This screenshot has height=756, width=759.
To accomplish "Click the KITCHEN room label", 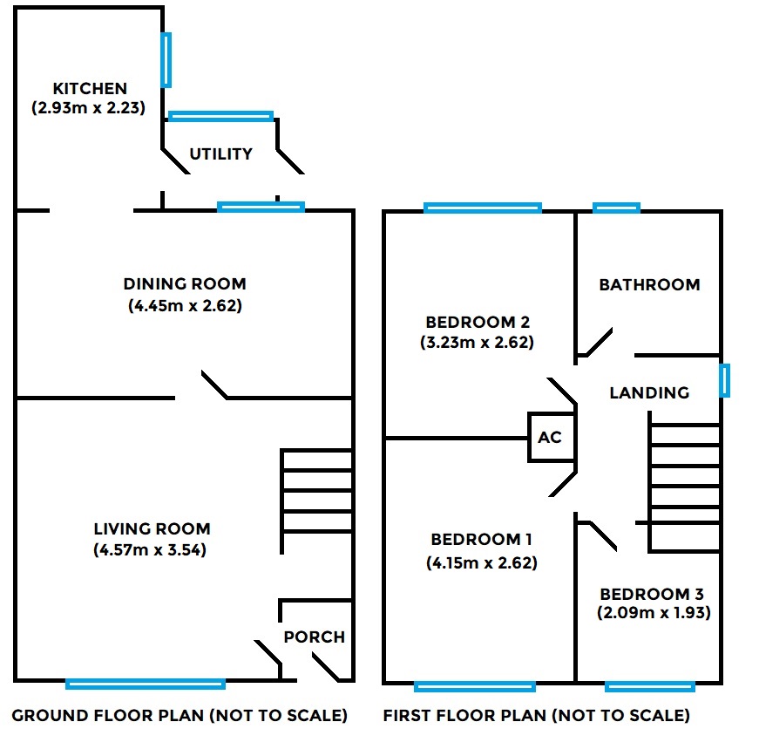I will coord(90,89).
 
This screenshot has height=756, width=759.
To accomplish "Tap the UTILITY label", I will coord(221,154).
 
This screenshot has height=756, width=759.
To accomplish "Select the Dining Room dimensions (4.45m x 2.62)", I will coord(184,306).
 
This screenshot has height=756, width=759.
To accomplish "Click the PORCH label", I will coord(315,637).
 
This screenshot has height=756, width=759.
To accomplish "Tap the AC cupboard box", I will coord(550,437).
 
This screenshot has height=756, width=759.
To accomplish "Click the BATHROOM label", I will coord(649,285).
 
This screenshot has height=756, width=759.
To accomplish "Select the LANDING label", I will coord(649,393).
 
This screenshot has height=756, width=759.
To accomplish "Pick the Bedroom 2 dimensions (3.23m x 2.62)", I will coord(477,343).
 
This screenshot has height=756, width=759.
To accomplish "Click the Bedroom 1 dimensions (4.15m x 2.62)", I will coord(482,563).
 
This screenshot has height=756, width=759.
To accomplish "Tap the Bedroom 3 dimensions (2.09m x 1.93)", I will coord(654,613).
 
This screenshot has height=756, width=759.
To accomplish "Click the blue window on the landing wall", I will coord(724,381).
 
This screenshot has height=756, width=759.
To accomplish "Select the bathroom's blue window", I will coord(616,208).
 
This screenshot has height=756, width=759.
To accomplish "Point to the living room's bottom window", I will coord(146,684).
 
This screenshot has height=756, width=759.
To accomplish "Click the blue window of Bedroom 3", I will coord(650,686).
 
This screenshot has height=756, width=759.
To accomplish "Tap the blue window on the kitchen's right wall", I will coord(166,60).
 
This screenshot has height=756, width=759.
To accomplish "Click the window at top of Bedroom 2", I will coord(483,208).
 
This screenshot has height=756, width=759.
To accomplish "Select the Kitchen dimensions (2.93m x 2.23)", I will coord(88,109).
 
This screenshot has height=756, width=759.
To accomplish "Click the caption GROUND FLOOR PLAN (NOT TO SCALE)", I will coord(180,716).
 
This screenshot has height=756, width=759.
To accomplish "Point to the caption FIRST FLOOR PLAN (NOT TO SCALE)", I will coord(536,716).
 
